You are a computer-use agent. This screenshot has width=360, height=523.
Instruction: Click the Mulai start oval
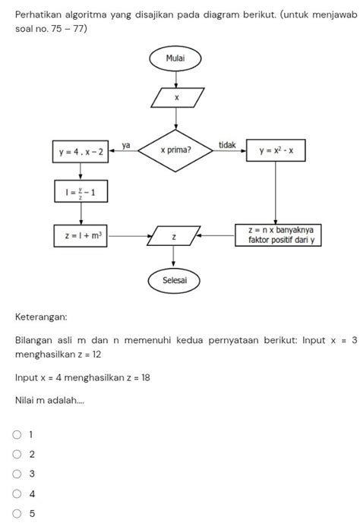click(x=176, y=58)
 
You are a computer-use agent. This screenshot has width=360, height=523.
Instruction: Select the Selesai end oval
click(x=176, y=280)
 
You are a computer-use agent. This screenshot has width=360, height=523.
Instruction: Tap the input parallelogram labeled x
click(x=176, y=97)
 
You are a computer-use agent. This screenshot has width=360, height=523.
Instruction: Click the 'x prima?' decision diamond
click(x=176, y=150)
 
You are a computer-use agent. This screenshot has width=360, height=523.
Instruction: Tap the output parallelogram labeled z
click(x=174, y=237)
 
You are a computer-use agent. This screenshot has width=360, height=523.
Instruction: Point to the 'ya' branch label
click(x=126, y=144)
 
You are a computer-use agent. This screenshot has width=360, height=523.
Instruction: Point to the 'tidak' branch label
click(x=226, y=144)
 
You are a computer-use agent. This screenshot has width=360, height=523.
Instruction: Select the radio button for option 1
click(x=17, y=435)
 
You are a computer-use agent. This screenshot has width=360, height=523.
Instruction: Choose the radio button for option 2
click(x=17, y=455)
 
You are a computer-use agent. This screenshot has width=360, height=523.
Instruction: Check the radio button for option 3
click(x=17, y=474)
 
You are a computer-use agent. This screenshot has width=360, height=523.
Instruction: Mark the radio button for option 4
click(x=17, y=494)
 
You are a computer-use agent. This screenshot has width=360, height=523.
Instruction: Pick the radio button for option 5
click(x=17, y=514)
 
